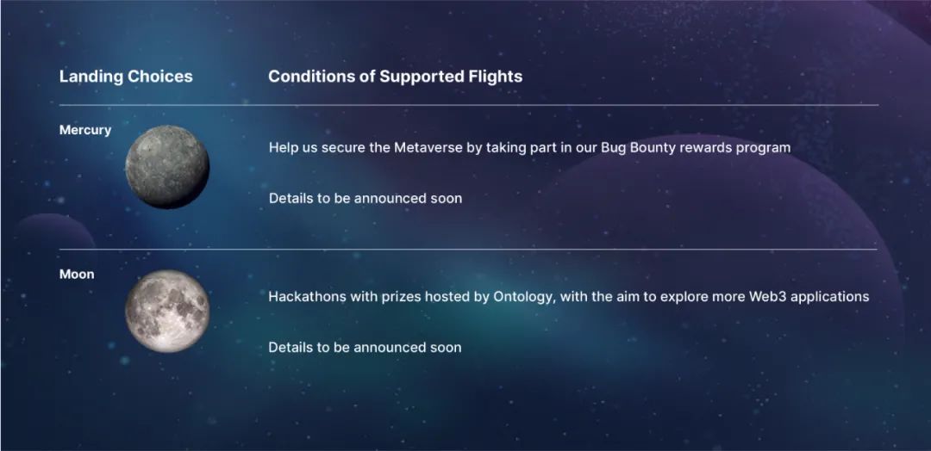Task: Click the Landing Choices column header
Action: click(x=126, y=77)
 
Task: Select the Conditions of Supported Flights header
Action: click(x=396, y=77)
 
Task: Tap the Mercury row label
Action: click(x=84, y=130)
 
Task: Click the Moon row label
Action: click(x=77, y=275)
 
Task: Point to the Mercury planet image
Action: click(x=167, y=166)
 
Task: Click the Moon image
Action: click(x=167, y=311)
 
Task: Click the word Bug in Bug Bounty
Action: click(x=611, y=147)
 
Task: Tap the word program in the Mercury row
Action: click(x=763, y=148)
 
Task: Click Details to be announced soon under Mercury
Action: click(x=366, y=199)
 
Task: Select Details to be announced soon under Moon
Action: click(x=365, y=348)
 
